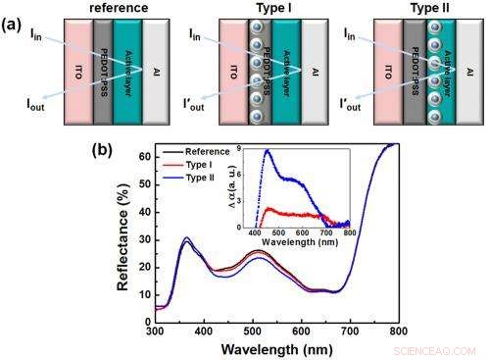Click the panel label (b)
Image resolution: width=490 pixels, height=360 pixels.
[x=106, y=151]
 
